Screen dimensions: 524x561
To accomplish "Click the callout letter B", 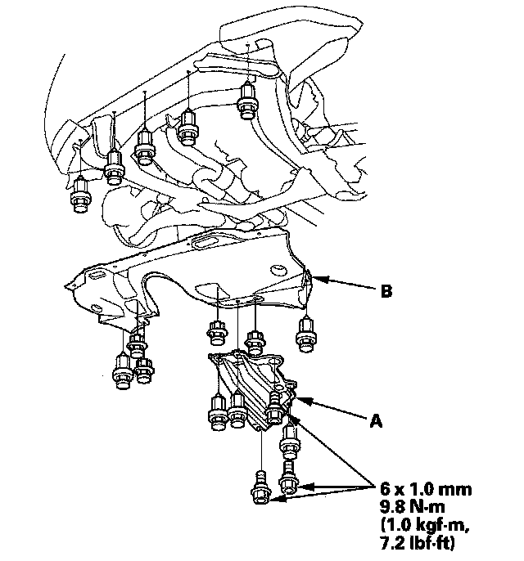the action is pos(386,291).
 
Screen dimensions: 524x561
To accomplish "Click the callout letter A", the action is pos(376,420).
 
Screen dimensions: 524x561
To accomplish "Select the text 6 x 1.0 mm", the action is pos(426,489).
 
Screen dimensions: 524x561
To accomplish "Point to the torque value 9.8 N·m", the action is pos(412,507).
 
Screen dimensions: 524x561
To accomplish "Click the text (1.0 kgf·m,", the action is pos(424,525).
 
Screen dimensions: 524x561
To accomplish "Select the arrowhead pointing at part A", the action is pos(300,400).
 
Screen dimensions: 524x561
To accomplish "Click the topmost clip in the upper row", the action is pos(247,100).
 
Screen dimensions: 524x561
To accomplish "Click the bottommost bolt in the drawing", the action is pos(260,488).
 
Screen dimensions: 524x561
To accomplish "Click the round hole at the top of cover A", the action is pos(274,363).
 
